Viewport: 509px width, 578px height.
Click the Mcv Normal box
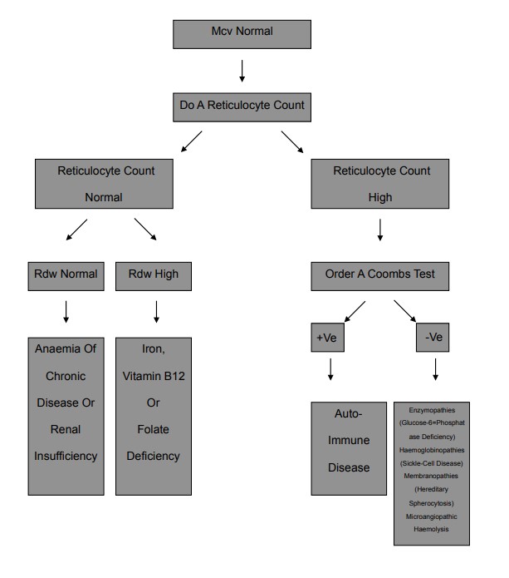[x=242, y=34]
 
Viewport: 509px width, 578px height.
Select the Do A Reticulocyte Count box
[x=242, y=106]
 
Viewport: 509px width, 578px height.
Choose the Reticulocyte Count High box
[x=379, y=184]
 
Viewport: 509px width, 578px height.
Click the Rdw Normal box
[x=66, y=274]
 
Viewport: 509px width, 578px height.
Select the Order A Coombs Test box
[x=380, y=274]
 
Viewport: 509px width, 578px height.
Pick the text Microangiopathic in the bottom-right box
[x=432, y=516]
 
